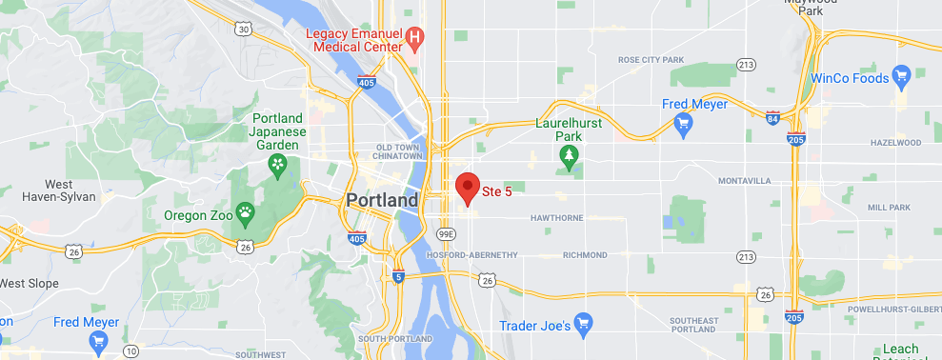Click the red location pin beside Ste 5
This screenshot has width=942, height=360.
pos(467,188)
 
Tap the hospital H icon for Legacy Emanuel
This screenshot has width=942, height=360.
pos(414,38)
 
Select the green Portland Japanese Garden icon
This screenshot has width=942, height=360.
pos(276,168)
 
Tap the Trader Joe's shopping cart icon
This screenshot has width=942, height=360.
pos(584,326)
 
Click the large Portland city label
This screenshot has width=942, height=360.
pos(381,201)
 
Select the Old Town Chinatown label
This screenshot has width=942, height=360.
pos(398,152)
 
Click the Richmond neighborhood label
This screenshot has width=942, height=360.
pos(585,255)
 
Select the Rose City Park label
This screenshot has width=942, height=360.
pos(651,60)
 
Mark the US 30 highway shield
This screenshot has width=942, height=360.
pos(245,30)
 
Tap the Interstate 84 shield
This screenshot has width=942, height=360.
pos(772,118)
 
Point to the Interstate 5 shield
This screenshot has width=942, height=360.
pos(397,277)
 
